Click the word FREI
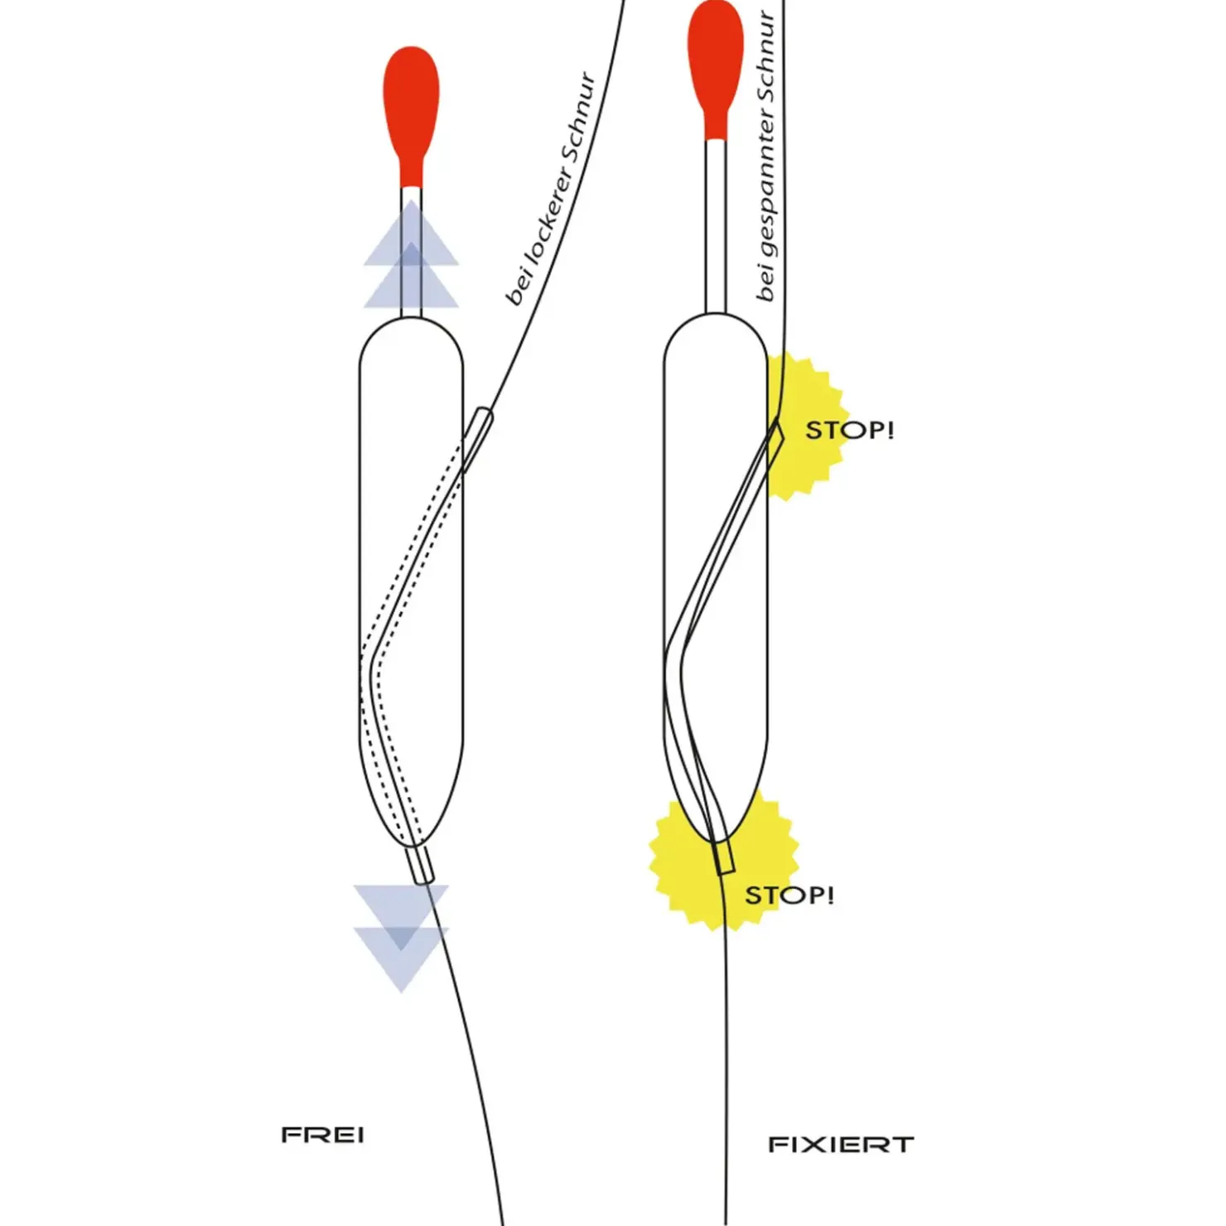coord(322,1135)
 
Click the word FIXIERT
coord(840,1145)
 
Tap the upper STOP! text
coord(849,431)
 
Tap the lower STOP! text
coord(789,895)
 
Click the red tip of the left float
coord(411,108)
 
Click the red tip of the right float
coord(715,62)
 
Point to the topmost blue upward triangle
coord(411,236)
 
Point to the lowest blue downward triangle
coord(401,961)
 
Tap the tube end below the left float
coord(421,865)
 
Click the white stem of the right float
coord(716,224)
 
